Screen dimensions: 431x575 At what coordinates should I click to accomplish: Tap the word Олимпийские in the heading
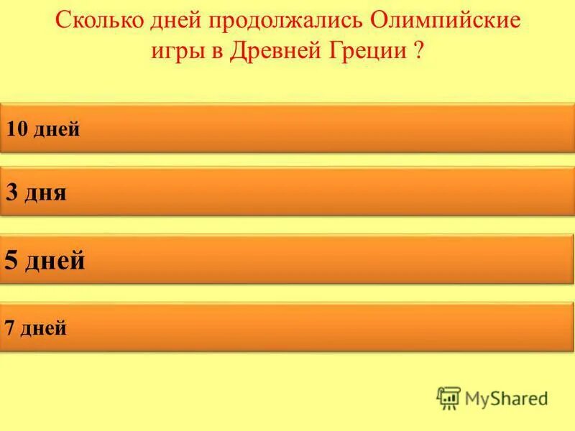click(x=446, y=20)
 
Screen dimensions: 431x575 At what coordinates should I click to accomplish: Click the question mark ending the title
click(x=418, y=52)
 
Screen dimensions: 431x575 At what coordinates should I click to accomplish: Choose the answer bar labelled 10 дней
click(x=287, y=129)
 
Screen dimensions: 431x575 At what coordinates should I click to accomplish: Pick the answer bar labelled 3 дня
click(x=287, y=192)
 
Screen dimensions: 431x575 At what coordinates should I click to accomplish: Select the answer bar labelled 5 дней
click(x=287, y=259)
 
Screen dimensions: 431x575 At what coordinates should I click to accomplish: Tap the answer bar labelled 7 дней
click(x=287, y=328)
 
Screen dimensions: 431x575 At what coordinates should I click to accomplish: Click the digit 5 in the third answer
click(x=11, y=260)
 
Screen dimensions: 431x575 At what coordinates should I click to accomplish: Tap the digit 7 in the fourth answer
click(x=9, y=329)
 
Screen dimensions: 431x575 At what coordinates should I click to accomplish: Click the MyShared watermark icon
click(x=448, y=398)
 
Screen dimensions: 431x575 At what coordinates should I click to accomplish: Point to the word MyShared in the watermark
click(x=506, y=398)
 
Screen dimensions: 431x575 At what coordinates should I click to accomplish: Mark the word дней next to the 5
click(x=55, y=260)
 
